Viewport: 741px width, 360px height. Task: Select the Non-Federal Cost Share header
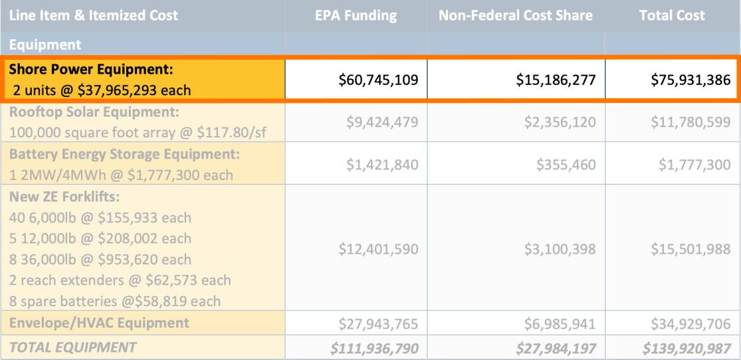click(x=515, y=15)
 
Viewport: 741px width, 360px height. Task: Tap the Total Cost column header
click(x=672, y=15)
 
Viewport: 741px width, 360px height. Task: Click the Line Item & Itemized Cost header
click(x=94, y=15)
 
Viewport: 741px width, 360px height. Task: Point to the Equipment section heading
click(x=45, y=45)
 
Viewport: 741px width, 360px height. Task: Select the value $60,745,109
click(x=378, y=80)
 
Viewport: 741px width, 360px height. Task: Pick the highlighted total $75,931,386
click(x=690, y=80)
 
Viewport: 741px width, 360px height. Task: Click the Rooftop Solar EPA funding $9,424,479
click(x=382, y=122)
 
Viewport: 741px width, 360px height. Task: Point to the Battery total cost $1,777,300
click(x=694, y=165)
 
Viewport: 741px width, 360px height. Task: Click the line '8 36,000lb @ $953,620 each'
click(x=100, y=259)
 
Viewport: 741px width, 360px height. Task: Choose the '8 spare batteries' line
click(x=115, y=301)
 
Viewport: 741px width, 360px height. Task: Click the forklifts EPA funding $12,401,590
click(x=378, y=249)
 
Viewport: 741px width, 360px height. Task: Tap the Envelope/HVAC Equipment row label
click(x=99, y=323)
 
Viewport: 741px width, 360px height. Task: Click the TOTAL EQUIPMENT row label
click(x=72, y=347)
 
